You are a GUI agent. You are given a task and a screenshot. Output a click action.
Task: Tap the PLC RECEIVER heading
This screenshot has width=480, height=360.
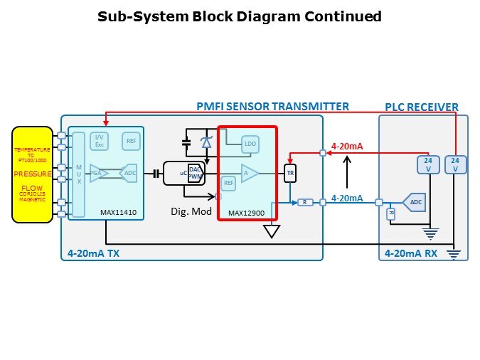(x=422, y=107)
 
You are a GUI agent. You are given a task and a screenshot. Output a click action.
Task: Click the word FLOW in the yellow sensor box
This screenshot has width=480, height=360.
(x=32, y=189)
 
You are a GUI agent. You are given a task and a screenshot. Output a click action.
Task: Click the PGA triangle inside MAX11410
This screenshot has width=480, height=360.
(x=97, y=172)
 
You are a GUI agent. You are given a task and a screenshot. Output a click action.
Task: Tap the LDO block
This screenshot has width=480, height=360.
(x=250, y=144)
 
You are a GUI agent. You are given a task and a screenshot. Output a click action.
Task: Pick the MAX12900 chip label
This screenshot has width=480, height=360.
(x=246, y=213)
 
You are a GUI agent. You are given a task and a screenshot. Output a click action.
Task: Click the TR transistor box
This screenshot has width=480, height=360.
(x=289, y=173)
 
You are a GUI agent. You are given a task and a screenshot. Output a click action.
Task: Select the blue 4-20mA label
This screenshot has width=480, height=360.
(x=348, y=198)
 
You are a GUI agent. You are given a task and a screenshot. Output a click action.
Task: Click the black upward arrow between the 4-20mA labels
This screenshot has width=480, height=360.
(x=346, y=173)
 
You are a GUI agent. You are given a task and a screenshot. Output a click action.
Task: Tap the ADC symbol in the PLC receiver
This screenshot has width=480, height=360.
(x=415, y=203)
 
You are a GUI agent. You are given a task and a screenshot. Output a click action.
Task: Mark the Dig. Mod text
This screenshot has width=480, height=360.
(x=191, y=211)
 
